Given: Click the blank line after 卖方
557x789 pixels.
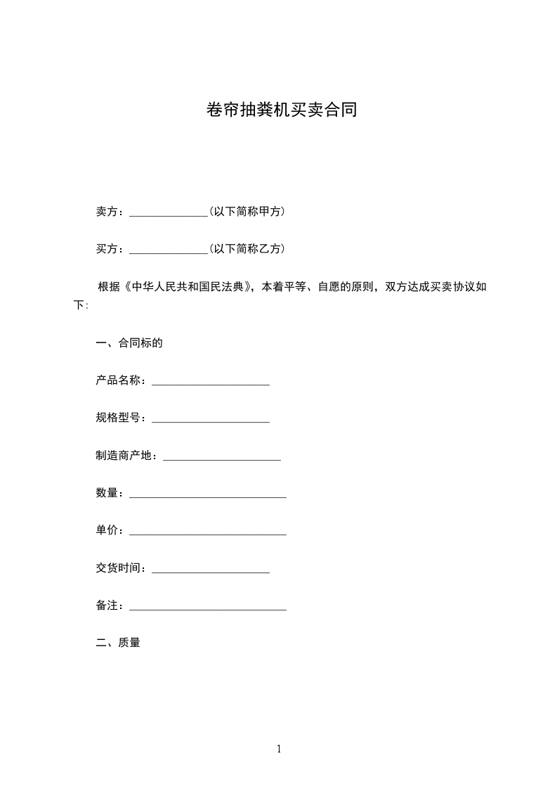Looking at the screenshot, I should click(x=169, y=212).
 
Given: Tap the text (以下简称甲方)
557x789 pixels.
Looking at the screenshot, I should click(x=247, y=211).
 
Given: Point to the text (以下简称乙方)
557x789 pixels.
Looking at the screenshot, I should click(x=247, y=249).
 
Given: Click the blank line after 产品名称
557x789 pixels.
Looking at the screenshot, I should click(x=211, y=383).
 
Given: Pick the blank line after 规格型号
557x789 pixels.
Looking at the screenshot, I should click(x=211, y=421).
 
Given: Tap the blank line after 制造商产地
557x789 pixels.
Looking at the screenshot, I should click(x=222, y=458).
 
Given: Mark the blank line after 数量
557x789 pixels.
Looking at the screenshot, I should click(x=208, y=496).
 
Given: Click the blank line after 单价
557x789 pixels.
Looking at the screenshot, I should click(x=208, y=534).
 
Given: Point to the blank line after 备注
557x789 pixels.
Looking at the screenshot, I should click(x=208, y=609).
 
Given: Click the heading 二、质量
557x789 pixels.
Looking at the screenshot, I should click(x=118, y=642).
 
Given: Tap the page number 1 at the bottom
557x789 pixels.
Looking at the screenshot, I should click(x=279, y=749).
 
